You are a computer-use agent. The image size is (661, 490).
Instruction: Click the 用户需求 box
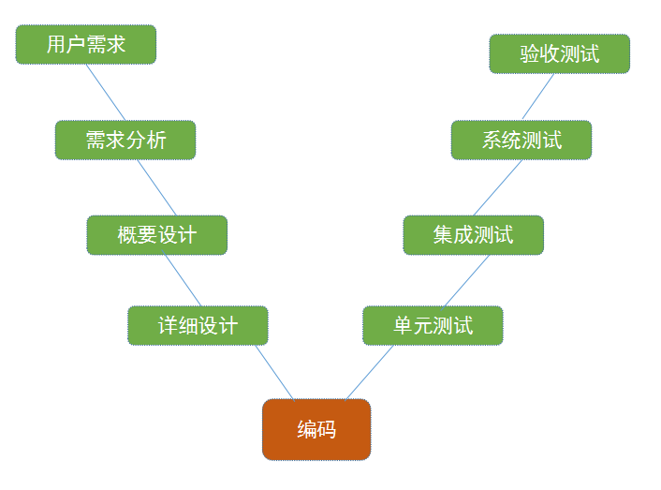[85, 44]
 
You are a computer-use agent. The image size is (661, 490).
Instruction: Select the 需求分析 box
[125, 140]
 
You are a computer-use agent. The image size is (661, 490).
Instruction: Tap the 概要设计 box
[156, 235]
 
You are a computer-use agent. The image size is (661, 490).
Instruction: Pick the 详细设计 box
[198, 325]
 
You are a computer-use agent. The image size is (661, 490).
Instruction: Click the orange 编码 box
[316, 430]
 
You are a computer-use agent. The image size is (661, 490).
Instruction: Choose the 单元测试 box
[433, 325]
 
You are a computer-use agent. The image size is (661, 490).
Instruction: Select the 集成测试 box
[473, 235]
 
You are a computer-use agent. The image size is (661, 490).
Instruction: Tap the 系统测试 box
[521, 140]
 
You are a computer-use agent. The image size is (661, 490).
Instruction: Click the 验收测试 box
[559, 53]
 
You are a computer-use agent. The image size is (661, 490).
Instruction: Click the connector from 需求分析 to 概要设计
[156, 187]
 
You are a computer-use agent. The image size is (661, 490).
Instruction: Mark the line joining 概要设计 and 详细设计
[184, 280]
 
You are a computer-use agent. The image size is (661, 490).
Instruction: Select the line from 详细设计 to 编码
[274, 373]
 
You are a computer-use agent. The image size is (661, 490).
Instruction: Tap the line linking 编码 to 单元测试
[370, 373]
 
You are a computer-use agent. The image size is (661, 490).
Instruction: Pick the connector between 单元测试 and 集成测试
[467, 280]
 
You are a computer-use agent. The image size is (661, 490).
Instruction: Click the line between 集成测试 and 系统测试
[498, 187]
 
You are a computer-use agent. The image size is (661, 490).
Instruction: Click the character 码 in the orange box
[327, 430]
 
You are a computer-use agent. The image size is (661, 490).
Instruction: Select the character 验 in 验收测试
[530, 53]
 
